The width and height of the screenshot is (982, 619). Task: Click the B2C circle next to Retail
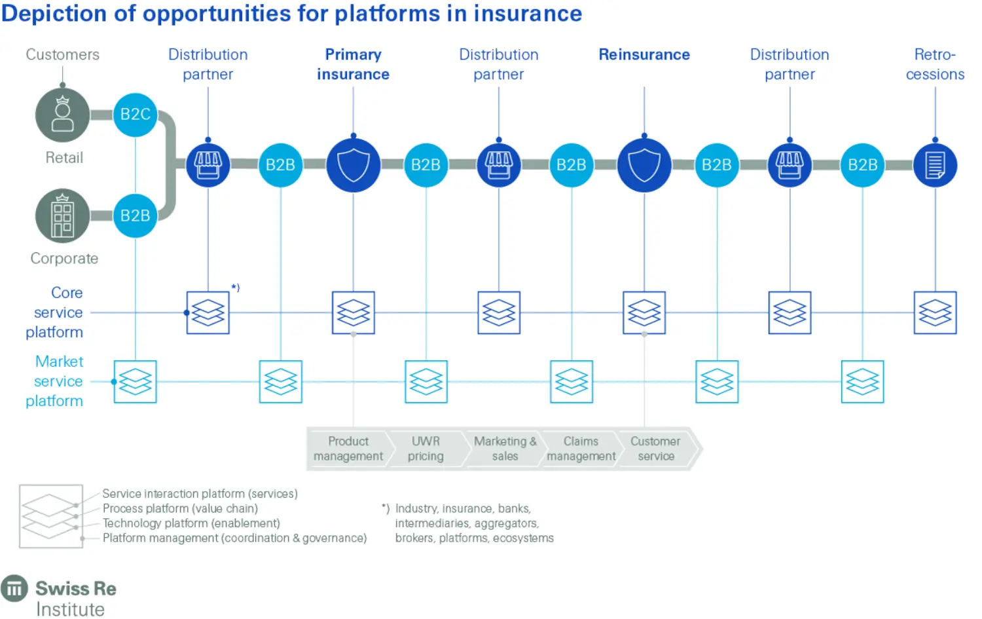tap(136, 115)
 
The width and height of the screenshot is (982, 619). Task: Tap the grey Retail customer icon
tap(63, 115)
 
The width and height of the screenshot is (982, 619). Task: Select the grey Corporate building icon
tap(63, 216)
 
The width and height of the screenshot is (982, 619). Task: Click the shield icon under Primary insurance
tap(354, 165)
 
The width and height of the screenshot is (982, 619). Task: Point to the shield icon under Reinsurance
tap(644, 165)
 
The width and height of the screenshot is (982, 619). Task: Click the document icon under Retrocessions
tap(935, 165)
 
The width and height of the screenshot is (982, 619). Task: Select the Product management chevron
tap(348, 449)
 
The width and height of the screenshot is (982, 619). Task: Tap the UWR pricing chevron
tap(426, 449)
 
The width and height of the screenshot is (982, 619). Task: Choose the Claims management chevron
tap(581, 449)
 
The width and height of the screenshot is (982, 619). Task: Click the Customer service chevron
tap(656, 449)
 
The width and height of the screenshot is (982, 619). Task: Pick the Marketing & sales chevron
tap(505, 449)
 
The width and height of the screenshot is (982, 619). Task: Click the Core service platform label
tap(56, 312)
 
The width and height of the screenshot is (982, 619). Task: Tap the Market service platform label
tap(56, 381)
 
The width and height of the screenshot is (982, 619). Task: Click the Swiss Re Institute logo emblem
tap(14, 588)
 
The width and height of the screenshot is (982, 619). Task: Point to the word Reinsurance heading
tap(644, 55)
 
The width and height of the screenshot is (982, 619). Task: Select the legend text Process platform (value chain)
tap(180, 508)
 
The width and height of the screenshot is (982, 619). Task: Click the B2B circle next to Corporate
tap(136, 216)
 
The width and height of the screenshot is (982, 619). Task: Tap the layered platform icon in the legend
tap(51, 516)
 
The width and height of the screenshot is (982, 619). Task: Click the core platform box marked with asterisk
tap(208, 312)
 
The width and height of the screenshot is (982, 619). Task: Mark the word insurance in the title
tap(528, 14)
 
